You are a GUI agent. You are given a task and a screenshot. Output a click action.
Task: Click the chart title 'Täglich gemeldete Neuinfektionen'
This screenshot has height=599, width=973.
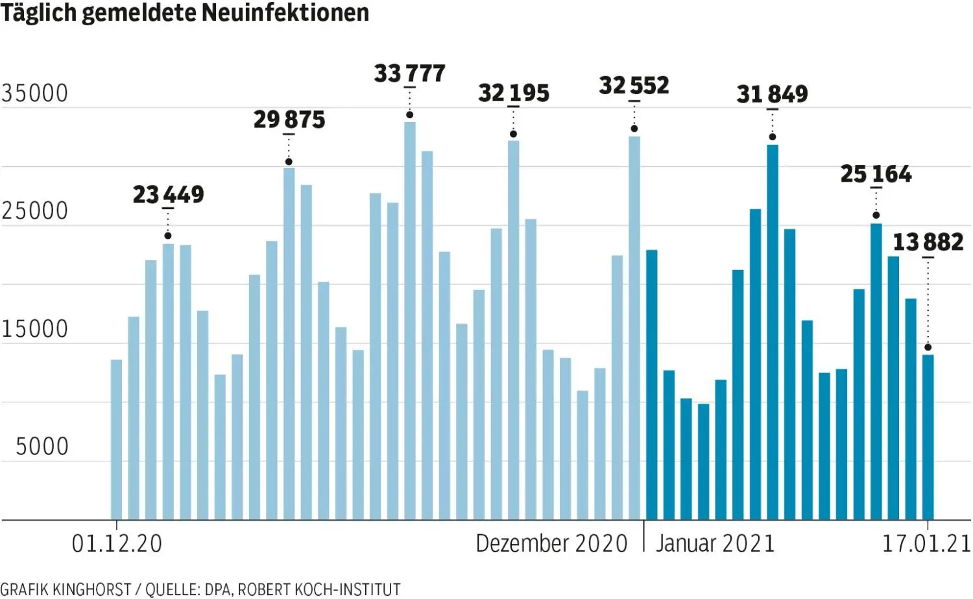click(x=185, y=13)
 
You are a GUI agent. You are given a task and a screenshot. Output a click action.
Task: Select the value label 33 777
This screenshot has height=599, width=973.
click(x=409, y=73)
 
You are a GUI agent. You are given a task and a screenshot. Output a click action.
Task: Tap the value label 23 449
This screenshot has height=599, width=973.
click(x=168, y=194)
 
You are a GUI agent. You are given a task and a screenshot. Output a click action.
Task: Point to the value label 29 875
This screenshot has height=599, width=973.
click(x=289, y=119)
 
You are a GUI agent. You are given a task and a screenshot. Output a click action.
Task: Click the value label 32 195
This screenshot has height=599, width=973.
click(x=513, y=93)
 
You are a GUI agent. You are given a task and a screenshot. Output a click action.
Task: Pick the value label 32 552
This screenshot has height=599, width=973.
click(x=634, y=86)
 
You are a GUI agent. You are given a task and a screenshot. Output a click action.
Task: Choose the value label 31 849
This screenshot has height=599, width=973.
click(x=772, y=95)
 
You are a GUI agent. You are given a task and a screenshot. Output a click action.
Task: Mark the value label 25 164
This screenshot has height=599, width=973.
click(x=876, y=174)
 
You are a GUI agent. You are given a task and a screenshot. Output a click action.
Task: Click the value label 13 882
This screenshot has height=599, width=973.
click(x=928, y=242)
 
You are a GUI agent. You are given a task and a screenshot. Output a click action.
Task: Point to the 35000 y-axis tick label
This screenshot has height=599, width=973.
click(x=35, y=94)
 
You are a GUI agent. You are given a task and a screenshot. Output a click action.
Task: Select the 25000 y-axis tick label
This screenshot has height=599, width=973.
click(x=35, y=212)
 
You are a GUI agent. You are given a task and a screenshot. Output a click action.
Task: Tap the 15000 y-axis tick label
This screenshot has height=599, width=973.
click(x=35, y=330)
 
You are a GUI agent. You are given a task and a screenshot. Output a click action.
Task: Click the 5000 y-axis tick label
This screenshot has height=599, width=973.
click(x=42, y=447)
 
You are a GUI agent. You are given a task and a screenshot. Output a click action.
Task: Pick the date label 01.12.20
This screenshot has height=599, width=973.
click(x=117, y=544)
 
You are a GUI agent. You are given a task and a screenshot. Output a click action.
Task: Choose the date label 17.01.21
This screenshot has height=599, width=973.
click(x=926, y=544)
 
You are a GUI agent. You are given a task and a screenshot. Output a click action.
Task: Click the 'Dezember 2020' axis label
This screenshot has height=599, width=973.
click(x=551, y=544)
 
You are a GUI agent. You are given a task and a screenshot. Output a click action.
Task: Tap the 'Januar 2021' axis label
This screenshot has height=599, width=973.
click(x=715, y=544)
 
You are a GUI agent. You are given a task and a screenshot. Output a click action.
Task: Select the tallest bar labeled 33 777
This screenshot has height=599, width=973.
click(x=410, y=321)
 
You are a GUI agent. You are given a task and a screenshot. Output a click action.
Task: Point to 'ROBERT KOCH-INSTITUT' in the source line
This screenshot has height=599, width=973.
click(x=318, y=589)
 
